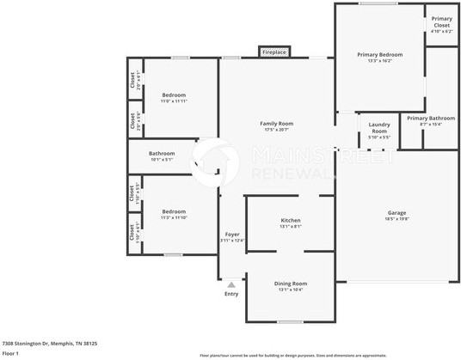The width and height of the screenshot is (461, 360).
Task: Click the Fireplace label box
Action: pyautogui.click(x=274, y=52)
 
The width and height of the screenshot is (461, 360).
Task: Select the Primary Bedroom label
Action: pyautogui.click(x=379, y=54)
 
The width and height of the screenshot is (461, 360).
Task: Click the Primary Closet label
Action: pyautogui.click(x=441, y=22)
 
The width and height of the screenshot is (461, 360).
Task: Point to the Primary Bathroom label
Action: pyautogui.click(x=430, y=118)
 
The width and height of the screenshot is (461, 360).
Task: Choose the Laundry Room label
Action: pyautogui.click(x=379, y=127)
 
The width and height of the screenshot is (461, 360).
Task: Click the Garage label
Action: pyautogui.click(x=396, y=212)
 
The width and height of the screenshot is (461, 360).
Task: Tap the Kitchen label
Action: pyautogui.click(x=290, y=221)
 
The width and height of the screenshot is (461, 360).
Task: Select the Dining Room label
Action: pyautogui.click(x=292, y=284)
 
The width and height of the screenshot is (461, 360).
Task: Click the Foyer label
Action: pyautogui.click(x=232, y=234)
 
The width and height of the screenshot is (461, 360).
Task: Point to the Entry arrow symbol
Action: pyautogui.click(x=231, y=283)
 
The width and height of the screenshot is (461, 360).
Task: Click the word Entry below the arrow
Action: pyautogui.click(x=231, y=294)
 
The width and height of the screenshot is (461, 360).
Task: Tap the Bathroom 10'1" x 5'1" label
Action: pyautogui.click(x=162, y=153)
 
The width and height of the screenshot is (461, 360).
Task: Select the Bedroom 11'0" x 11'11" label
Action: pyautogui.click(x=174, y=95)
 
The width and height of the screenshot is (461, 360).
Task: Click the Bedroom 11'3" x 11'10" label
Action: pyautogui.click(x=174, y=211)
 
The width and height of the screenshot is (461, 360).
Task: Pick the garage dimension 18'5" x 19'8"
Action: pyautogui.click(x=396, y=218)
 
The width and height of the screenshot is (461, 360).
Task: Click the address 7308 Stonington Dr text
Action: pyautogui.click(x=49, y=343)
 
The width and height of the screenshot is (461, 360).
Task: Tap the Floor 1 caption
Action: pyautogui.click(x=10, y=353)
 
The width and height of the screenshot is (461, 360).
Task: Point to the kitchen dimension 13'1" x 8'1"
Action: pyautogui.click(x=290, y=227)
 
